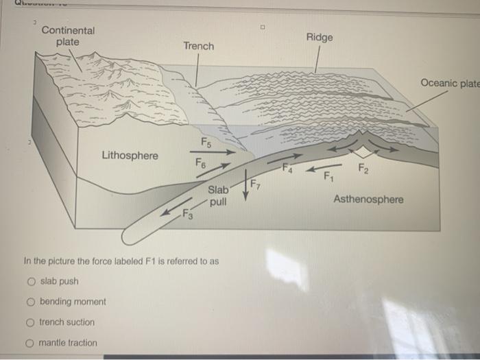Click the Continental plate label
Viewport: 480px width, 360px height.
tap(69, 36)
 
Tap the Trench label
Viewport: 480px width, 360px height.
tap(198, 46)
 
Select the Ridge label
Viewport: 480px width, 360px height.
tap(320, 37)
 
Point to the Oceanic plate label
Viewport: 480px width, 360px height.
tap(450, 83)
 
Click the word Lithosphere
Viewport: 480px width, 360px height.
tap(130, 156)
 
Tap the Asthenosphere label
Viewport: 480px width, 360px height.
tap(368, 199)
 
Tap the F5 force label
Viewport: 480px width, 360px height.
tap(206, 142)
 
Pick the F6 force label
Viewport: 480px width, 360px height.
tap(200, 164)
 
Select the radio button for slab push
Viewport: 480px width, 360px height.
tap(32, 281)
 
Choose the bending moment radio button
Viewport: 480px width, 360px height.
tap(32, 302)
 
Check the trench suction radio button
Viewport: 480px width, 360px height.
tap(32, 322)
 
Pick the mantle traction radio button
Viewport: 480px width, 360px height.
tap(32, 343)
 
